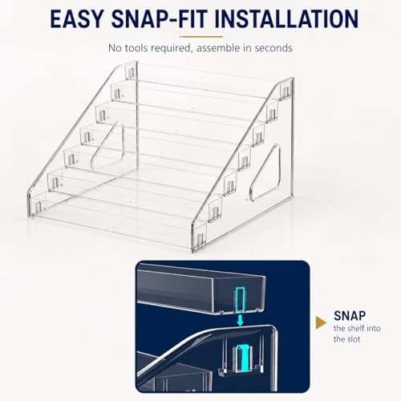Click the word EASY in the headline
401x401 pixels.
pos(76,18)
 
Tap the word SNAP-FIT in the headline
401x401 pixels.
pos(160,18)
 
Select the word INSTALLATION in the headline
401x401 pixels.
pos(286,18)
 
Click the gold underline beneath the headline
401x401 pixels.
pos(200,37)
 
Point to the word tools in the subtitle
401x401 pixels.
pos(136,48)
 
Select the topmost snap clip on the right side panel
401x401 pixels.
pos(286,92)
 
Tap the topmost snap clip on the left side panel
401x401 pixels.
pos(131,72)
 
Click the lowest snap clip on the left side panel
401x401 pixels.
pos(38,206)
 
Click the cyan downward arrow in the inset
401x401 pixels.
pos(240,320)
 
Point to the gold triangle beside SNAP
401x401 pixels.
pos(321,322)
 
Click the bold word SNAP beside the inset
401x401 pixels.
pos(350,316)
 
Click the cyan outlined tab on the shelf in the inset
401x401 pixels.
pos(241,299)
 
